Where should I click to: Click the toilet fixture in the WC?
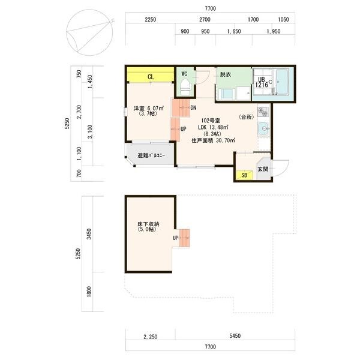tap(185, 88)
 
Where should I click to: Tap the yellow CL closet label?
tap(151, 77)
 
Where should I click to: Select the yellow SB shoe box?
tap(244, 175)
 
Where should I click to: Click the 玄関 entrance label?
tap(263, 169)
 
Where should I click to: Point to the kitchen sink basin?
tap(263, 128)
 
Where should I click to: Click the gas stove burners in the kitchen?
tap(263, 112)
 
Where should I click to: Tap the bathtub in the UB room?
tap(282, 82)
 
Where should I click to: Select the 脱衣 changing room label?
tap(226, 74)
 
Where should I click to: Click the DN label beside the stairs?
tap(193, 107)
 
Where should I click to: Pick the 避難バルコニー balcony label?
tap(151, 155)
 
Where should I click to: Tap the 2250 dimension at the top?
tap(151, 20)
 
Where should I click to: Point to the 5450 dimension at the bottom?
tap(235, 335)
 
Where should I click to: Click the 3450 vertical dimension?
tap(89, 234)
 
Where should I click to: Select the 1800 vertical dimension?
tap(89, 292)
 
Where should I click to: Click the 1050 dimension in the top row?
tap(283, 20)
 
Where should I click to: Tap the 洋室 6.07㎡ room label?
tap(149, 108)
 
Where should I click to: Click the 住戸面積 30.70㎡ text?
tap(213, 140)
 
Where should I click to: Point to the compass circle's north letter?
tap(112, 21)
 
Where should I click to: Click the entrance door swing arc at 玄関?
tap(284, 169)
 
